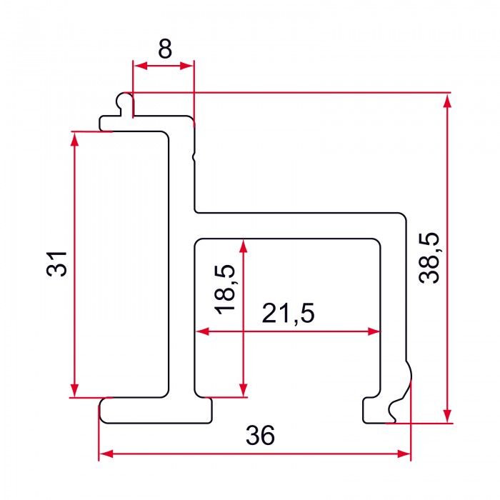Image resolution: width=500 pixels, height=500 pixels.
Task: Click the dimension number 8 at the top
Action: coord(165,49)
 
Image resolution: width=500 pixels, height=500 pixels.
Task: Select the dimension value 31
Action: coord(56,264)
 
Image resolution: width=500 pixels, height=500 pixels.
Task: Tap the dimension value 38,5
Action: coord(429,258)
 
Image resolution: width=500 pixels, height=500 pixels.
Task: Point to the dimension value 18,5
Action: coord(225,289)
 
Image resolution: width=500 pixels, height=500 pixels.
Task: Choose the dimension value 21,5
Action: coord(288,313)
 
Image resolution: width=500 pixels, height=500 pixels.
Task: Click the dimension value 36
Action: coord(260,435)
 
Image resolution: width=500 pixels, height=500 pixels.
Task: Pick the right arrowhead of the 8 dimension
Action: coord(187,66)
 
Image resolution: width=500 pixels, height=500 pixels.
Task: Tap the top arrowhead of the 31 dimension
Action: coord(74,139)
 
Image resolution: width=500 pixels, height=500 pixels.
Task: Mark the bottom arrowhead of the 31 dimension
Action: coord(74,390)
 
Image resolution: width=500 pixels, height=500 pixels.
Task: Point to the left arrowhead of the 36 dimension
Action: coord(106,454)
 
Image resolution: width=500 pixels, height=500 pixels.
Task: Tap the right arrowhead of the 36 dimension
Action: coord(404,454)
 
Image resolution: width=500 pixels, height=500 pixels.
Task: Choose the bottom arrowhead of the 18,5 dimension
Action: coord(244,390)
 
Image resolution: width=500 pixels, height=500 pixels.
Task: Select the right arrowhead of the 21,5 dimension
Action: coord(374,331)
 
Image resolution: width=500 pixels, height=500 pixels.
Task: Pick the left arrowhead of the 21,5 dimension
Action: coord(202,331)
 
